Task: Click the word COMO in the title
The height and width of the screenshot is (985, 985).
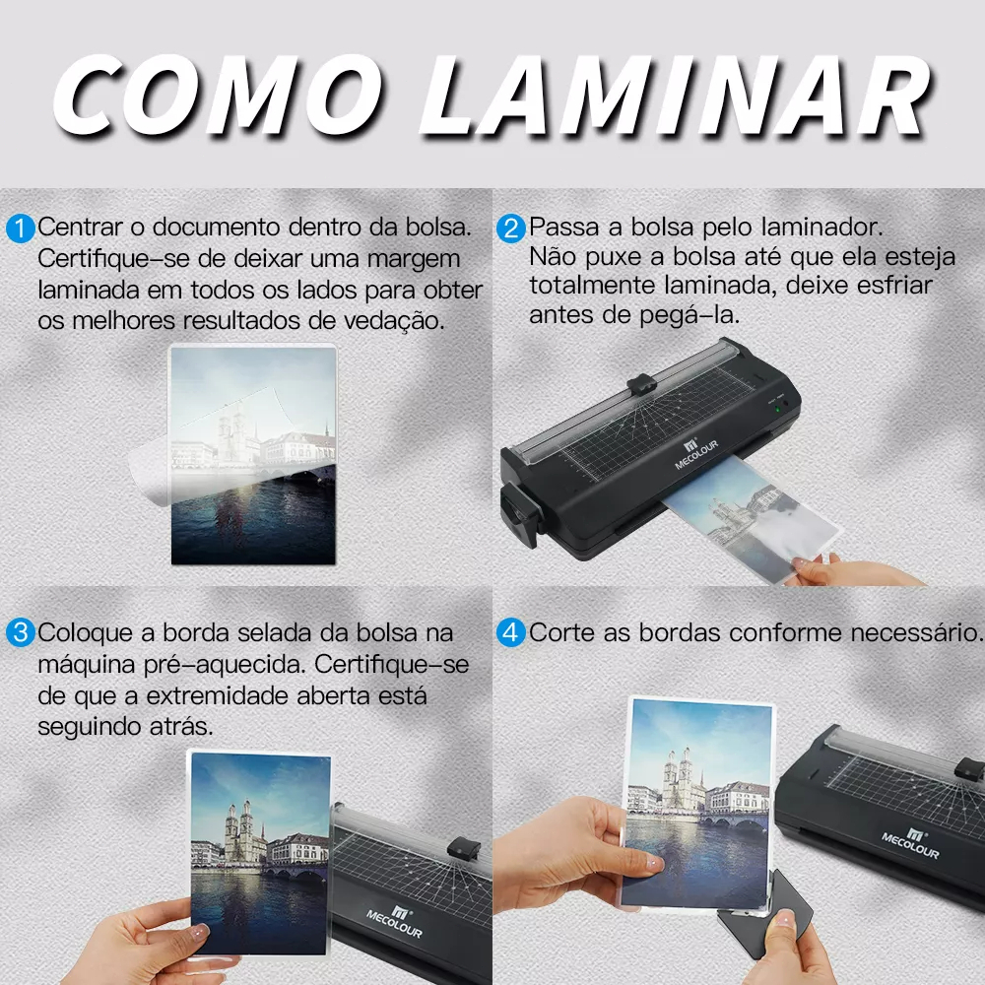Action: [x=218, y=96]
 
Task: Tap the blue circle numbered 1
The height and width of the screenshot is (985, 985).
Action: [x=20, y=229]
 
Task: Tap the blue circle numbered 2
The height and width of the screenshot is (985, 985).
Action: [x=510, y=229]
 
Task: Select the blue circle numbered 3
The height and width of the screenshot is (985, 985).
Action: [x=20, y=632]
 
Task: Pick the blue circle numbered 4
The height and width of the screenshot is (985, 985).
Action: [x=510, y=632]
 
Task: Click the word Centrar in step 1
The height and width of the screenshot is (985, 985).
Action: [x=80, y=227]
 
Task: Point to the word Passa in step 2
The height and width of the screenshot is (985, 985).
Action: [x=563, y=227]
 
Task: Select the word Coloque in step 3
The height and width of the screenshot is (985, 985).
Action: [x=86, y=633]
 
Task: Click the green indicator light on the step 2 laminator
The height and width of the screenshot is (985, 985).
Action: [x=778, y=410]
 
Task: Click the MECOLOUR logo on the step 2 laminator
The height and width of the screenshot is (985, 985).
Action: [x=696, y=453]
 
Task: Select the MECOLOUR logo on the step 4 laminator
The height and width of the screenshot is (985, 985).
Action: [x=910, y=843]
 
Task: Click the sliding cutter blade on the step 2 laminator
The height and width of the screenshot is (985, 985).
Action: [x=641, y=384]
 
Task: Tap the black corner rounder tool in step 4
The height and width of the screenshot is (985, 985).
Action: [x=766, y=914]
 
